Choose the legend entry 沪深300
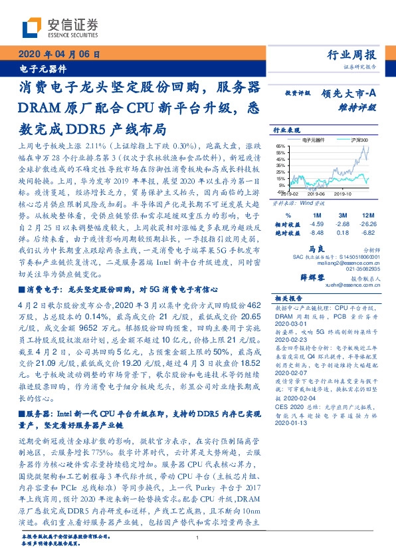(359, 140)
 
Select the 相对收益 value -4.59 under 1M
(316, 225)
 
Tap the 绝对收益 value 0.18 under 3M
(342, 233)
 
